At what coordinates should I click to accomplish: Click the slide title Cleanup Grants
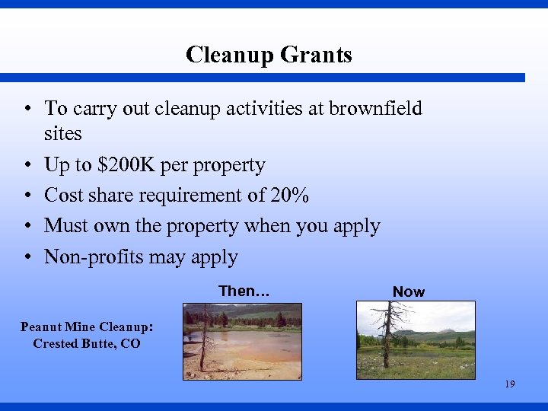pos(269,55)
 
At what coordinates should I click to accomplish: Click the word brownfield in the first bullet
pos(375,109)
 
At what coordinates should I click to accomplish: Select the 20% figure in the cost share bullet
pos(290,196)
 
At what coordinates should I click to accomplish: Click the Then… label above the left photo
pos(244,291)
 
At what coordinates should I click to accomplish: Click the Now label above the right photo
pos(409,292)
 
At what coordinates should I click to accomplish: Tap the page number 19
pos(509,384)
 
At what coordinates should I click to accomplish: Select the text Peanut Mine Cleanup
pos(85,327)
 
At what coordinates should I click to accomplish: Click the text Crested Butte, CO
pos(87,343)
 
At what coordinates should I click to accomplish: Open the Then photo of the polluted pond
pos(242,340)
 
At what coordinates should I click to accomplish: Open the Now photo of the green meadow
pos(416,339)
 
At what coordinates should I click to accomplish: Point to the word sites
pos(63,134)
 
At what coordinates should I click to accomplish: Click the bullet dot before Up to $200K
pos(27,166)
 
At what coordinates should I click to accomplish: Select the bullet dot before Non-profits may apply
pos(27,258)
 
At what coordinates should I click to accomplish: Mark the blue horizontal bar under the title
pos(263,78)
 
